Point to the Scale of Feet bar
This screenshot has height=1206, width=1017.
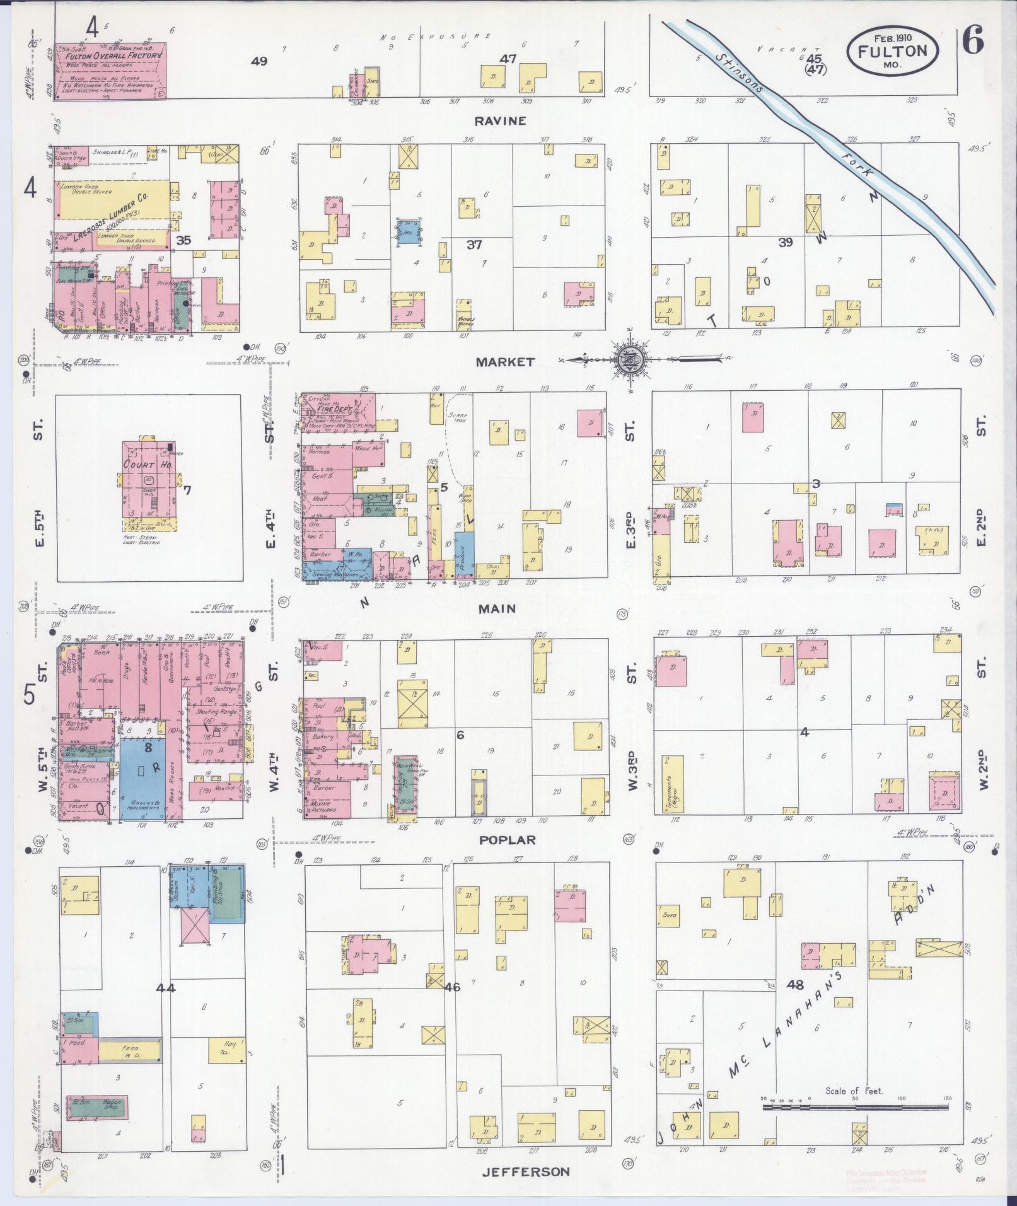(856, 1106)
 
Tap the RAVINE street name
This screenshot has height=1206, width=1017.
(501, 121)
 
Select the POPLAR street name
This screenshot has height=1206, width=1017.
(506, 840)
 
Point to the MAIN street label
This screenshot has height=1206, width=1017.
(496, 608)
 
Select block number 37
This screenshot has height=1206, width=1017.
(474, 245)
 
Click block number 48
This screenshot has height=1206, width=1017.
(796, 983)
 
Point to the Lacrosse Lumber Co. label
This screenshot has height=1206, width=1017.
(110, 219)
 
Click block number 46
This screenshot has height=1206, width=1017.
(452, 987)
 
